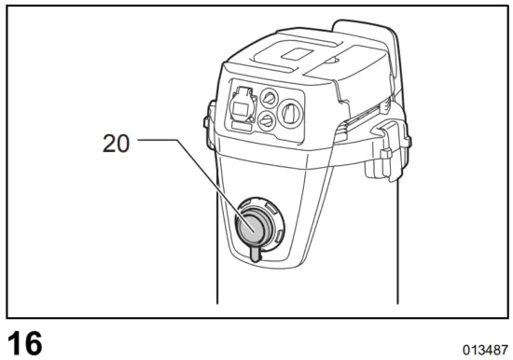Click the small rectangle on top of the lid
click(298, 53)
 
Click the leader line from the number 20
click(177, 168)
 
